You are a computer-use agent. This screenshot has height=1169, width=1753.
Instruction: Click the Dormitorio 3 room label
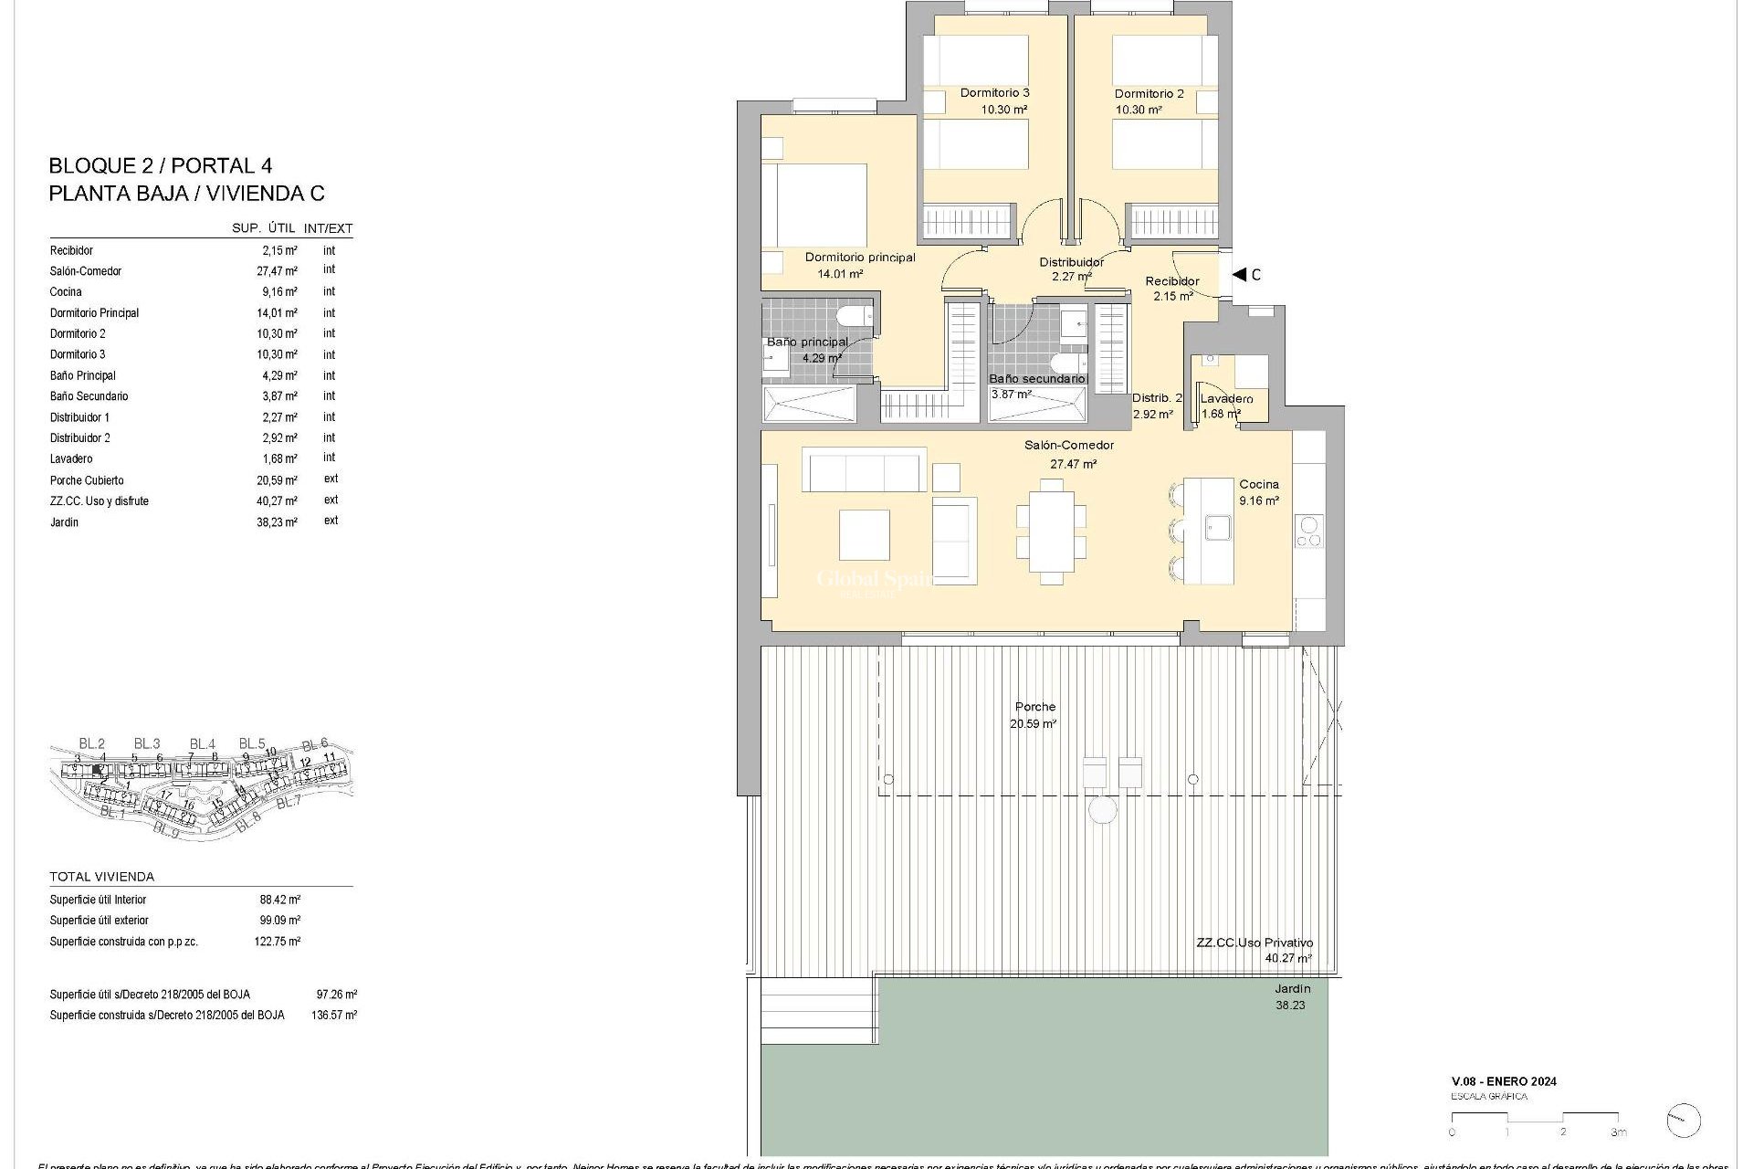pos(994,93)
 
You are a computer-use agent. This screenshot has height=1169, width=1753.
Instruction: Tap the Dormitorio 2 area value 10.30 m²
pos(1138,110)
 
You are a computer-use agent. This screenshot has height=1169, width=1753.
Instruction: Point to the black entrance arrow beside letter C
pos(1239,274)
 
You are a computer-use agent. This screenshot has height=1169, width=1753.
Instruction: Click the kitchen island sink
pos(1217,528)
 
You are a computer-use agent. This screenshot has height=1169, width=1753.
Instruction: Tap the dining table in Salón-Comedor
pos(1051,532)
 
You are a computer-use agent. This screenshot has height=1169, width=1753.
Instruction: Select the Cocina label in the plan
pos(1258,484)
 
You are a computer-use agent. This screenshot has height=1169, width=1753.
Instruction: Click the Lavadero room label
pos(1226,399)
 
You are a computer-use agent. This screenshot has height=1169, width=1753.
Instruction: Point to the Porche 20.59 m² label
pos(1034,715)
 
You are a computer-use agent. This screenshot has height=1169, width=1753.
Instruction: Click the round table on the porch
pos(1103,810)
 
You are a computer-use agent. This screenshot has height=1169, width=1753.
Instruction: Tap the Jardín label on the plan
pos(1292,989)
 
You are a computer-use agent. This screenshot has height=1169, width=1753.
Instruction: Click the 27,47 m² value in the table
pos(277,271)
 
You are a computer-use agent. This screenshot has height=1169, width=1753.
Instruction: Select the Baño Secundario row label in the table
pos(89,396)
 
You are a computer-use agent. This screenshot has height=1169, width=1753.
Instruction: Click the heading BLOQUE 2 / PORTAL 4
pos(160,166)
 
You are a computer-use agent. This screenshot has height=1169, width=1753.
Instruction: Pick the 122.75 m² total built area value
pos(277,942)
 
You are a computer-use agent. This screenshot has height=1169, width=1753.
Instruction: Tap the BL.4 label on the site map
pos(202,744)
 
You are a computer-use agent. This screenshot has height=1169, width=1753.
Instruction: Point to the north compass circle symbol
pos(1683,1121)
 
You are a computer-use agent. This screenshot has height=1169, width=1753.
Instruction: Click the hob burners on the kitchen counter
pos(1308,532)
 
